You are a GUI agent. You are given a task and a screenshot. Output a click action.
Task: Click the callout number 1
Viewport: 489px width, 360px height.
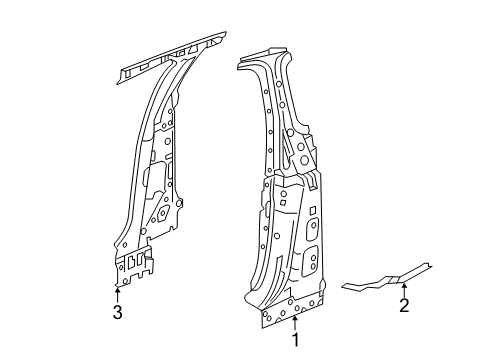295,341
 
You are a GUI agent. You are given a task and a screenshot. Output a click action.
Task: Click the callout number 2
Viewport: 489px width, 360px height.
404,306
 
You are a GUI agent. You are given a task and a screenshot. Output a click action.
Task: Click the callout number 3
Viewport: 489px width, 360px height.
117,315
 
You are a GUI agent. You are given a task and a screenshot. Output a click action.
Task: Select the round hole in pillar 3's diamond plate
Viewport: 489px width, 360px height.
163,214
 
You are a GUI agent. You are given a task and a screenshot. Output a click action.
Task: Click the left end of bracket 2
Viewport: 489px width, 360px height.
342,284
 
